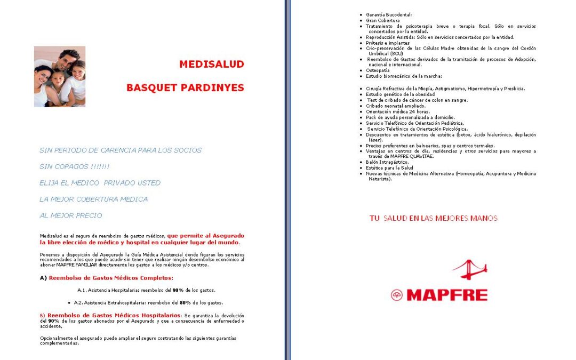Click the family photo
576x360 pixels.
click(60, 76)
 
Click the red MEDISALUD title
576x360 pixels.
click(211, 65)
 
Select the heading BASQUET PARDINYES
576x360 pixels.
click(185, 87)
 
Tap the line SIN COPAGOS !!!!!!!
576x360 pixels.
click(74, 166)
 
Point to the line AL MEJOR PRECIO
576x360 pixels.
click(70, 215)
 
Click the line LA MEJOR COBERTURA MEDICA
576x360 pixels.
click(93, 199)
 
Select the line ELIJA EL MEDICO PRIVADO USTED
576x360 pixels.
click(100, 183)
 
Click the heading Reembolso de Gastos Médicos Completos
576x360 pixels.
click(111, 278)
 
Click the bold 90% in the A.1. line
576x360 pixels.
click(178, 290)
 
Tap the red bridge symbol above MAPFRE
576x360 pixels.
click(470, 270)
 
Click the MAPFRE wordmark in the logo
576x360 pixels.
click(446, 295)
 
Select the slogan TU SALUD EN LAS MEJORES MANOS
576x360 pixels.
click(433, 218)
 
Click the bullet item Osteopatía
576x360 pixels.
click(378, 70)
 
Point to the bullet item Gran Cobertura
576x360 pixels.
click(382, 20)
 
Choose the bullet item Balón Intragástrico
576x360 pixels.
click(387, 162)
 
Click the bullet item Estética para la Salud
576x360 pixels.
click(389, 168)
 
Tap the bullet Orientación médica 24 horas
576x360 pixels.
click(398, 111)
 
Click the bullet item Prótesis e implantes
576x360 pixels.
click(388, 43)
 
